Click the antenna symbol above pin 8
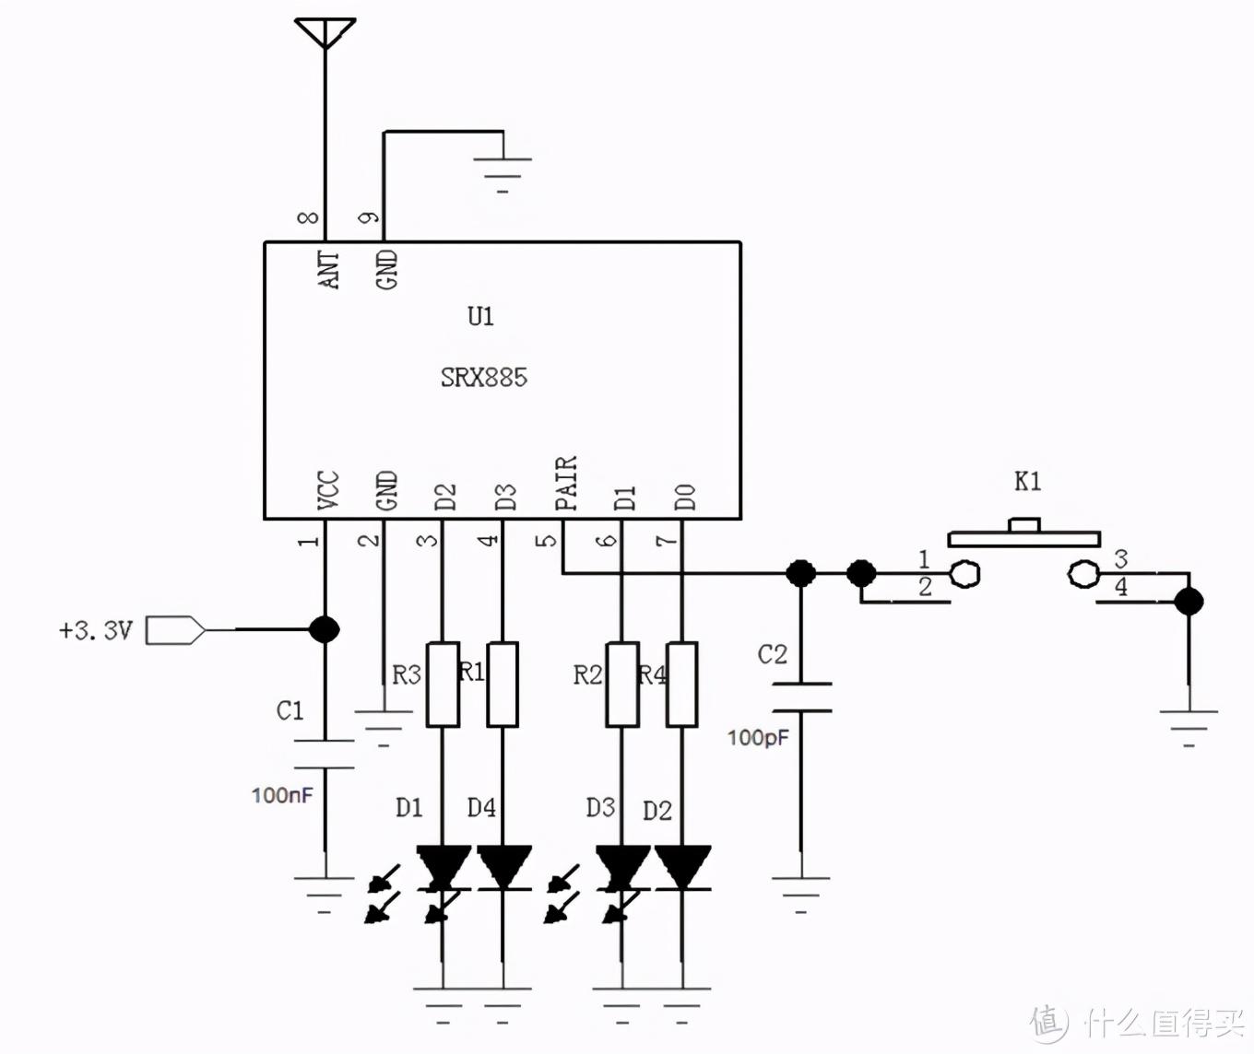coord(325,31)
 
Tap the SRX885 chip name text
coord(483,377)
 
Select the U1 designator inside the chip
coord(480,317)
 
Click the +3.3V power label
coord(96,631)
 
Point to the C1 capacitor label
coord(290,710)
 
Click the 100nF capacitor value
coord(282,795)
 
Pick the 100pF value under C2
coord(758,738)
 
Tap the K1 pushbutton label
coord(1027,481)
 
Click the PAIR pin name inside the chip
coord(566,484)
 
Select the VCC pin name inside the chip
coord(328,490)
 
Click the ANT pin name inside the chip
coord(329,270)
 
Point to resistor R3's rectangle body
coord(443,685)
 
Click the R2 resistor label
coord(587,675)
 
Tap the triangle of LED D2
coord(682,867)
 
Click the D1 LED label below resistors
coord(408,808)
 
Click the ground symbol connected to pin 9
coord(503,170)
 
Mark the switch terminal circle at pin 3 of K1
coord(1082,575)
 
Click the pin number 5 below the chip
coord(548,539)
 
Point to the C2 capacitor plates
coord(801,697)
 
